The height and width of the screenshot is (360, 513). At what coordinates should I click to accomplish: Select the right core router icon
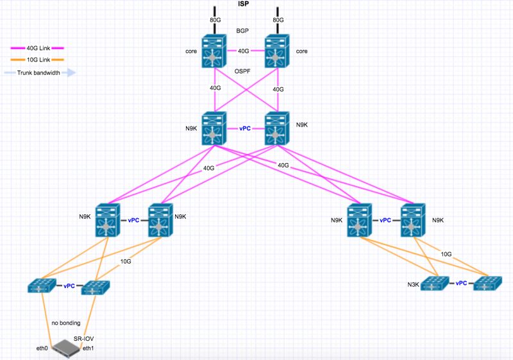tap(276, 52)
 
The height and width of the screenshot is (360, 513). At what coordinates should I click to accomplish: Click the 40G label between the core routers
tap(243, 51)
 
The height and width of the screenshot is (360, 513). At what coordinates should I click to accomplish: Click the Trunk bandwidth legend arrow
tap(67, 73)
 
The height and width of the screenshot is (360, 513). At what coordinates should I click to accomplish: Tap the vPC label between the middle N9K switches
tap(244, 128)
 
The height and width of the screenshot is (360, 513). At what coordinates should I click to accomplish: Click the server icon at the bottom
tap(68, 348)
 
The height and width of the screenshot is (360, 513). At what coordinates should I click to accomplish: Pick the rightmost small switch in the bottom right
tap(487, 284)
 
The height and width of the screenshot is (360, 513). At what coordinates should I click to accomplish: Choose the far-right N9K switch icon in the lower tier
tap(411, 220)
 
